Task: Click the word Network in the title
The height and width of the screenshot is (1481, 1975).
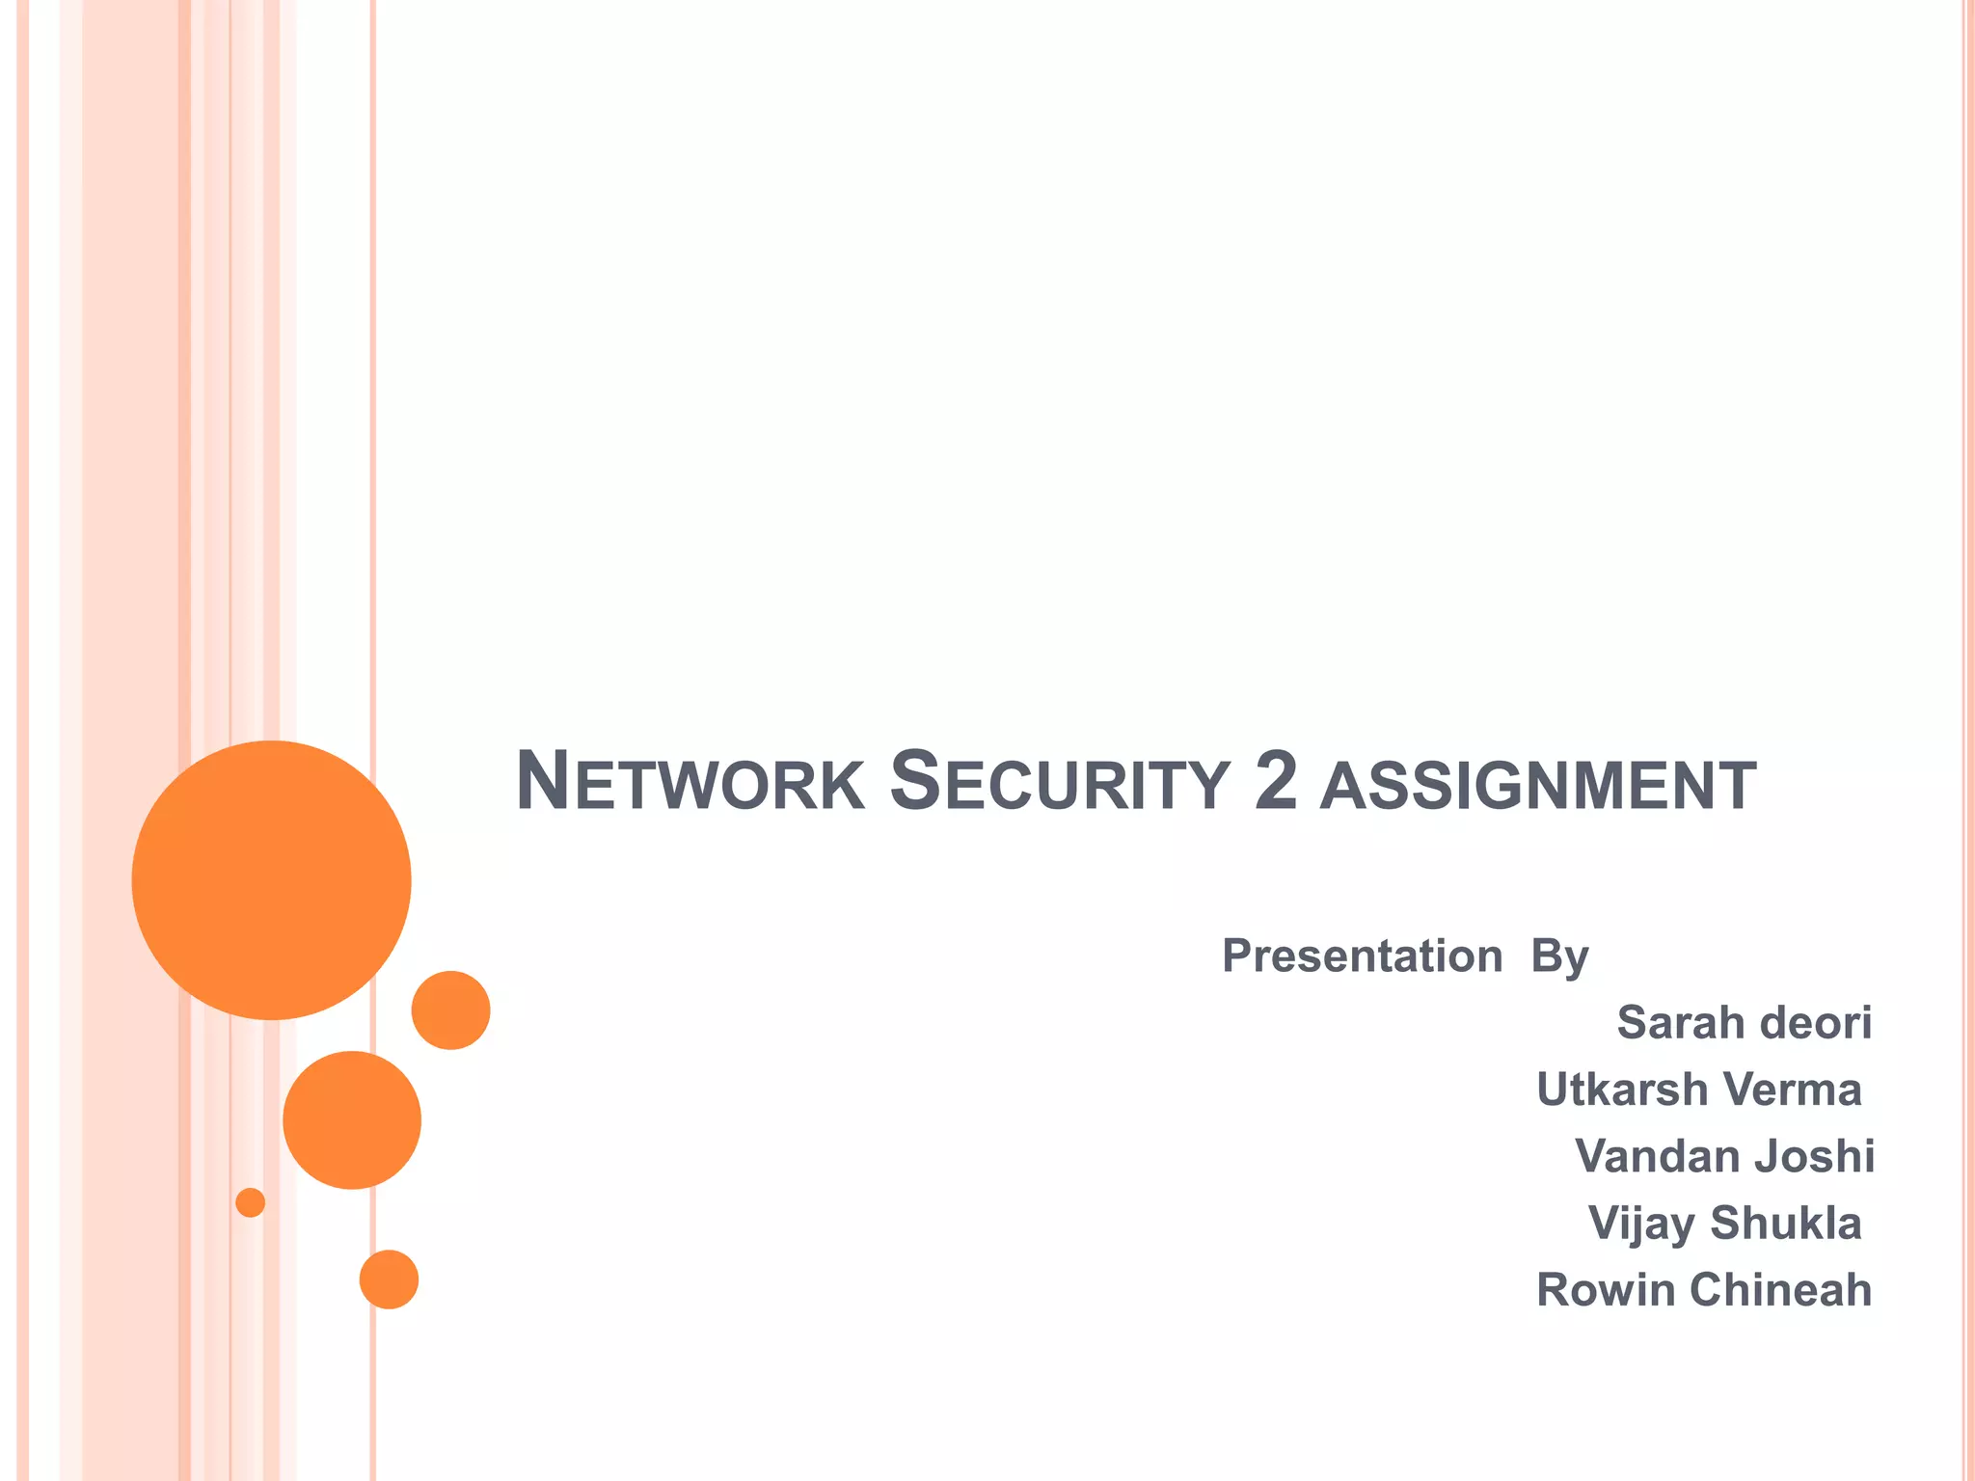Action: (x=690, y=782)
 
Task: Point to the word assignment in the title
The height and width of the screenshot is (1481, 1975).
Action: (x=1538, y=786)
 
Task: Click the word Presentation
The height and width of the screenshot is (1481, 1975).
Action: (x=1362, y=956)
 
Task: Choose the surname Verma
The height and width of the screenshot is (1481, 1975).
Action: (x=1792, y=1090)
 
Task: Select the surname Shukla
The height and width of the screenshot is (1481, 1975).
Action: (x=1786, y=1223)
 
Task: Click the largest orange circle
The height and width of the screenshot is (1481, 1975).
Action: (x=272, y=880)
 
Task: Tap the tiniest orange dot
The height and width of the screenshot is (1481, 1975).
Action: (x=251, y=1202)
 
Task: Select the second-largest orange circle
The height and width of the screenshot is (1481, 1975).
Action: (x=352, y=1119)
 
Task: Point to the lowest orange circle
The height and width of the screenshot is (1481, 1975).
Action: (x=389, y=1279)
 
